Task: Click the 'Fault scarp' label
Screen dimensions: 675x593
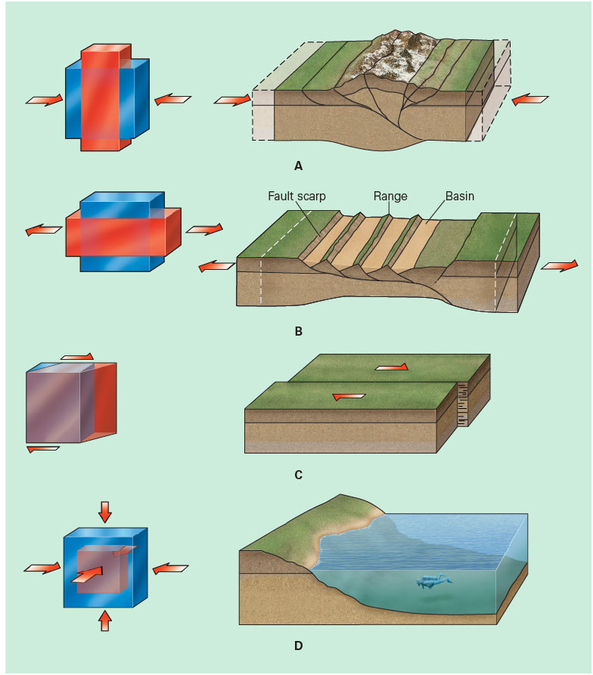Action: [297, 196]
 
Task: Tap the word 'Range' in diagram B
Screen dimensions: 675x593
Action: [390, 196]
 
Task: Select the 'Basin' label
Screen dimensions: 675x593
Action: [461, 196]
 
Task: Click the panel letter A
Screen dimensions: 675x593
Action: [298, 165]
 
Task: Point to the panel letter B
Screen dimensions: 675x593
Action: [298, 331]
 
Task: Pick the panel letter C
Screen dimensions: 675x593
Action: [298, 475]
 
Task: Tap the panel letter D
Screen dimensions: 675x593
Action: [298, 646]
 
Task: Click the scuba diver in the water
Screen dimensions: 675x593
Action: [432, 581]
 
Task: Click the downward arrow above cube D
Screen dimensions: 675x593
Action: [104, 511]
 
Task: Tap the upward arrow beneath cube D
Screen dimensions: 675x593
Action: [104, 620]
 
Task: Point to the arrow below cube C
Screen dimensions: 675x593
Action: [42, 448]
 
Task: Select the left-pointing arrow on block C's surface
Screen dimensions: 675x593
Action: [349, 395]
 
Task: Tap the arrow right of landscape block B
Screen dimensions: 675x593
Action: [560, 265]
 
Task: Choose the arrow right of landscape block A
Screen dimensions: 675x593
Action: [529, 99]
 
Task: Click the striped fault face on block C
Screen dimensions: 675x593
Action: [464, 404]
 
